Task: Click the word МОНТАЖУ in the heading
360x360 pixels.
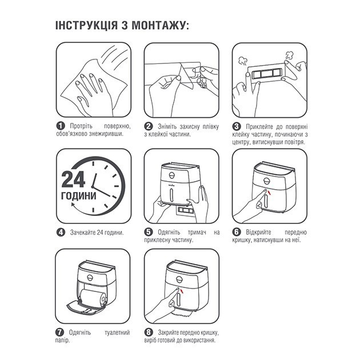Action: pos(158,25)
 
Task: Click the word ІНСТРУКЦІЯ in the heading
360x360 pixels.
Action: pos(86,25)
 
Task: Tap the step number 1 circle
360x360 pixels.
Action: pos(61,126)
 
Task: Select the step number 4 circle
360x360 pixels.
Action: pos(61,232)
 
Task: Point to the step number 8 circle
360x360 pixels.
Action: pos(149,332)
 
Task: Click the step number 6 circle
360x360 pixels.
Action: pos(237,232)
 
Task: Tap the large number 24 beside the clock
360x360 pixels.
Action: pos(73,179)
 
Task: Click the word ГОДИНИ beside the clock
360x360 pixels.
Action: pos(78,196)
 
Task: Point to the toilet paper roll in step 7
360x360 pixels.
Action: pos(94,298)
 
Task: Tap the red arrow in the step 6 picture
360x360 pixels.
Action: pos(270,192)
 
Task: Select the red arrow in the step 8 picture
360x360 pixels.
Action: pos(182,291)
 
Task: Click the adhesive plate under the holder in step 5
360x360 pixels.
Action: pos(185,210)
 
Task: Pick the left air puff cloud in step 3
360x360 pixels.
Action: pos(242,60)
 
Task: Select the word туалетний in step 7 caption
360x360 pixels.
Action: pos(117,333)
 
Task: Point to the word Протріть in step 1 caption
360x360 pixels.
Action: pos(81,126)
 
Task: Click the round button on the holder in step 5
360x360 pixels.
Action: pos(172,175)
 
